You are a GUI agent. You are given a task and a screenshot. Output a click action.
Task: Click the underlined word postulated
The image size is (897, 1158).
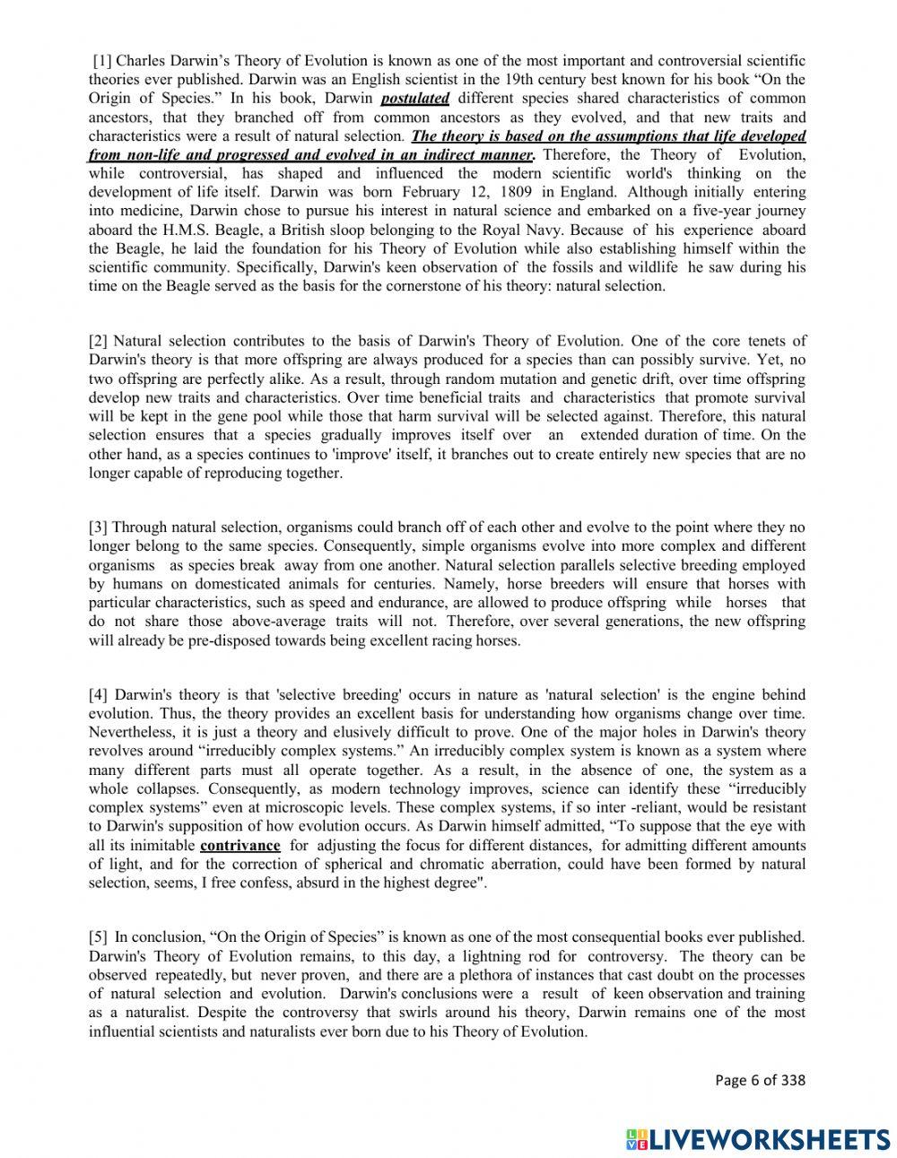[414, 99]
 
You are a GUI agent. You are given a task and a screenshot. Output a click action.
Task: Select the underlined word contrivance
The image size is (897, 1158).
[239, 846]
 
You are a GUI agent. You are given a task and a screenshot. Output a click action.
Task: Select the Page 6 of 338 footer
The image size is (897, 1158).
[760, 1080]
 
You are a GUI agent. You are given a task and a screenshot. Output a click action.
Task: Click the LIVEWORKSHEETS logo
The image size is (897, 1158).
[758, 1138]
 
